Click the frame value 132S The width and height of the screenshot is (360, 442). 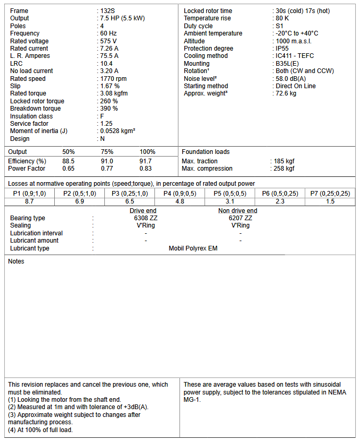point(107,11)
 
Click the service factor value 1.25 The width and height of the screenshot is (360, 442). point(106,124)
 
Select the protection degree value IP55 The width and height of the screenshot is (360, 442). point(283,49)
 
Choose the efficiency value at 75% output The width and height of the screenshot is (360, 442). point(106,161)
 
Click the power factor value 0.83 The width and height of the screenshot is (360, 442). point(146,169)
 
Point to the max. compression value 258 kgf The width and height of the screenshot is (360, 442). point(284,169)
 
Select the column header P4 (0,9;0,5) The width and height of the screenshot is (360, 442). point(179,194)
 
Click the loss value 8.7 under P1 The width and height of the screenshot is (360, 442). point(29,201)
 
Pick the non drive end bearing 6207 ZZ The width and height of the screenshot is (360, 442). point(240,218)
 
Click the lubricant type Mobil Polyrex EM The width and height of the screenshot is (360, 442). point(193,248)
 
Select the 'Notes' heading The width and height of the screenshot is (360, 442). point(16,261)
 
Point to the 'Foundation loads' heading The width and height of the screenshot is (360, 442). point(206,152)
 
